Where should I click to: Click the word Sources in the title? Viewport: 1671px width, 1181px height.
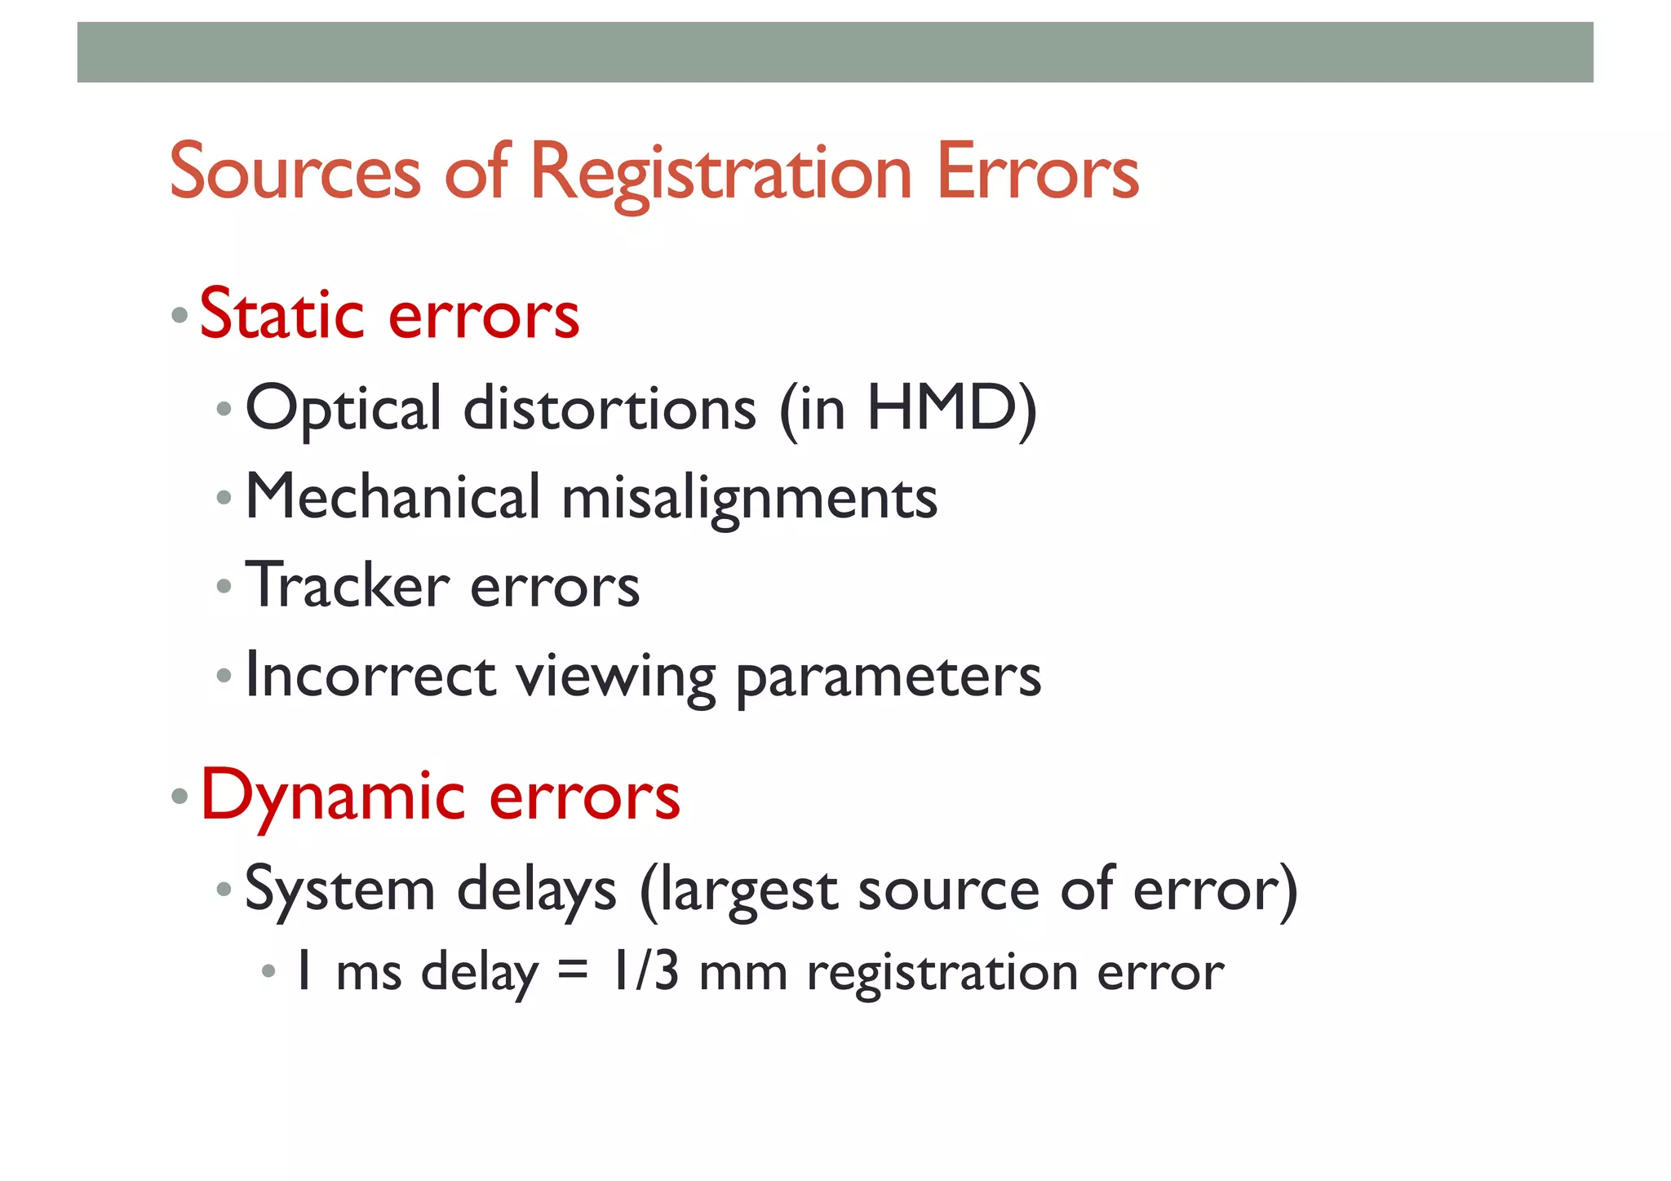pos(295,172)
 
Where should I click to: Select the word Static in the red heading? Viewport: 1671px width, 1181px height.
pos(281,314)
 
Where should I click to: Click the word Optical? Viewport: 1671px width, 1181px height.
pos(344,409)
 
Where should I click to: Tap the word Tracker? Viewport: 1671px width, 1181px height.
pos(348,585)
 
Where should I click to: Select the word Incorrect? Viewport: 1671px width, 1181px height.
pos(370,675)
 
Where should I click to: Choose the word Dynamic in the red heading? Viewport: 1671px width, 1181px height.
pos(333,796)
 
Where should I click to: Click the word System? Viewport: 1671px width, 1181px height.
pos(339,890)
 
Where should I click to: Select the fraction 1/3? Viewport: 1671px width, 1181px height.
pos(645,971)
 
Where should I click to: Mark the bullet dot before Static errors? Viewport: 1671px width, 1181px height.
pos(180,315)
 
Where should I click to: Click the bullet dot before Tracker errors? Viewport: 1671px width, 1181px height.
pos(224,585)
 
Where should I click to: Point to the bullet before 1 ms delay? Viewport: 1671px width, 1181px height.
pos(268,971)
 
